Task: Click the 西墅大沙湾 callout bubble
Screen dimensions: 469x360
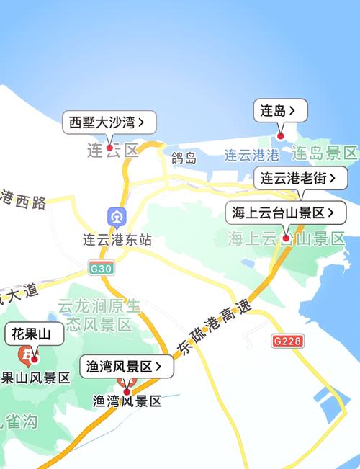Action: click(x=109, y=122)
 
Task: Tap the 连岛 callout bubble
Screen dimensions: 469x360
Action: click(x=280, y=111)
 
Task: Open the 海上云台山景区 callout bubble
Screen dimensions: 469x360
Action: click(x=286, y=213)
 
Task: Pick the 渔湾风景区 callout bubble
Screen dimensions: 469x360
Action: click(x=126, y=366)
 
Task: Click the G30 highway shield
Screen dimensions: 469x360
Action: click(x=102, y=268)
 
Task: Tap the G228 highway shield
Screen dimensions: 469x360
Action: click(x=288, y=340)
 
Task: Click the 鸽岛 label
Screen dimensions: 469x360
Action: click(x=184, y=158)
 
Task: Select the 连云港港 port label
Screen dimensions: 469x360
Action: click(x=251, y=155)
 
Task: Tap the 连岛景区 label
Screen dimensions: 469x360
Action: click(x=325, y=153)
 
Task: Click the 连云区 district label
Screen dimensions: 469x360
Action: click(x=112, y=151)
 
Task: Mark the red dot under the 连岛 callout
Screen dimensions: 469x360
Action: click(x=281, y=135)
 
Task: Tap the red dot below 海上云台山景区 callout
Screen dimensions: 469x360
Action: click(x=286, y=238)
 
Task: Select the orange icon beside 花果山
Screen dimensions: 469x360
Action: click(x=29, y=355)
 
